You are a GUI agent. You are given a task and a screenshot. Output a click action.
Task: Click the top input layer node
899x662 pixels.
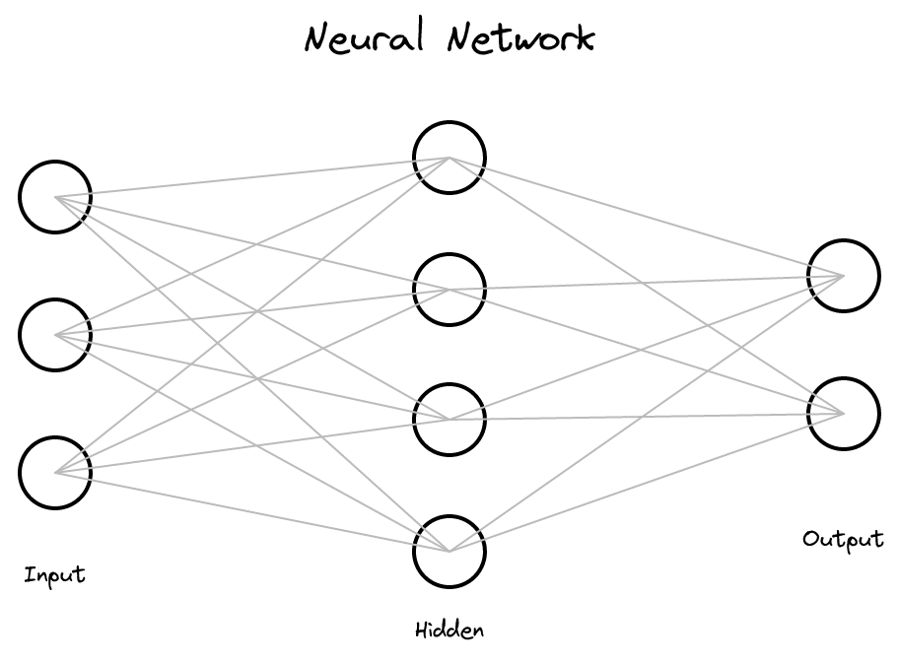pos(55,197)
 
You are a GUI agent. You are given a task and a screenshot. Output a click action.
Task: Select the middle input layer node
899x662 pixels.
pos(55,335)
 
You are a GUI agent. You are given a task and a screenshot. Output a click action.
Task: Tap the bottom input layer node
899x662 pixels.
pos(55,473)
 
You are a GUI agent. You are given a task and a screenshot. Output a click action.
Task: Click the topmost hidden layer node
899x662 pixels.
pos(449,158)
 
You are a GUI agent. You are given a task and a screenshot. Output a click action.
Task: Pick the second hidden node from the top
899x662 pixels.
pos(449,290)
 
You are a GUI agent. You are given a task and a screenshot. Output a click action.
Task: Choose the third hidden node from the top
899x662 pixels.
pos(449,420)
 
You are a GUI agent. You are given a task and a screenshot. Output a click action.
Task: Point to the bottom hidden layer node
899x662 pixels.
pos(449,552)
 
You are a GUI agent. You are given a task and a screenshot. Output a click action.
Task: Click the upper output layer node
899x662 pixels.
pos(844,276)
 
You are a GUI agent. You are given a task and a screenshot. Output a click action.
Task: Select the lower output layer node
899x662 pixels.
pos(844,414)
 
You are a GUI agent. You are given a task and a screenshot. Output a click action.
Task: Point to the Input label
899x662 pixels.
pos(55,575)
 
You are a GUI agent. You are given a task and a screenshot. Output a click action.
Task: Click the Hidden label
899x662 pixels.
pos(449,629)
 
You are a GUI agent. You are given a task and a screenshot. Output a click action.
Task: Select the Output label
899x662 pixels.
pos(843,539)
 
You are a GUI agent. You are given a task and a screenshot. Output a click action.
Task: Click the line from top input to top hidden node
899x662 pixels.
pos(252,177)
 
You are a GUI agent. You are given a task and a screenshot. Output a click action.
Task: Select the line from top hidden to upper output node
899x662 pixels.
pos(647,217)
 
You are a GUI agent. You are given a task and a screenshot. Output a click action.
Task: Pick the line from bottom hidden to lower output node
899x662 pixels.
pos(647,483)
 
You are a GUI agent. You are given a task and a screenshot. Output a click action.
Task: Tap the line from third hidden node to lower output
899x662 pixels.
pos(647,417)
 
